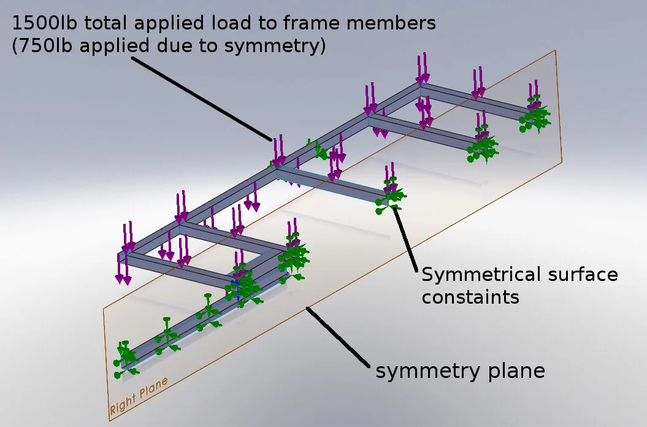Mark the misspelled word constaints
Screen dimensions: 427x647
470,298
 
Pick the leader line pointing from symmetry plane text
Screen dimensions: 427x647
337,337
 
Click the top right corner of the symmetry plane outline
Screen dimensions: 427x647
554,50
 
